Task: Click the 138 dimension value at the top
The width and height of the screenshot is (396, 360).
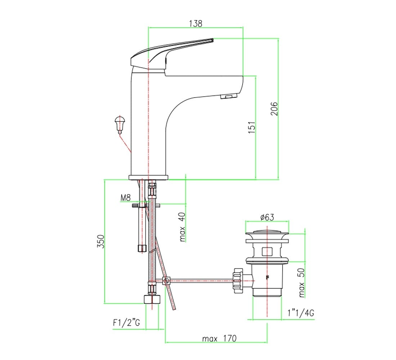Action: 196,23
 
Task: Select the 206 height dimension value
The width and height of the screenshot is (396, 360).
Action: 274,109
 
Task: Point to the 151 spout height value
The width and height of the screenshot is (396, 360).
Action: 252,127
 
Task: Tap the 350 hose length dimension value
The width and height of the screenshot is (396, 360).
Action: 101,241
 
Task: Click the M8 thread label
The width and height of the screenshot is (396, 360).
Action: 126,198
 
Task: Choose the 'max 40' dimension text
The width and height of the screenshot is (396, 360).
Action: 182,227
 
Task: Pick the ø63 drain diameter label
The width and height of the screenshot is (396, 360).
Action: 267,217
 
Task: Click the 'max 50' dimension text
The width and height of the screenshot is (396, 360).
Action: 302,283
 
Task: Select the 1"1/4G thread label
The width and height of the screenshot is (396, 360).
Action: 301,313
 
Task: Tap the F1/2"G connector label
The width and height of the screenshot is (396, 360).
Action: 126,323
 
